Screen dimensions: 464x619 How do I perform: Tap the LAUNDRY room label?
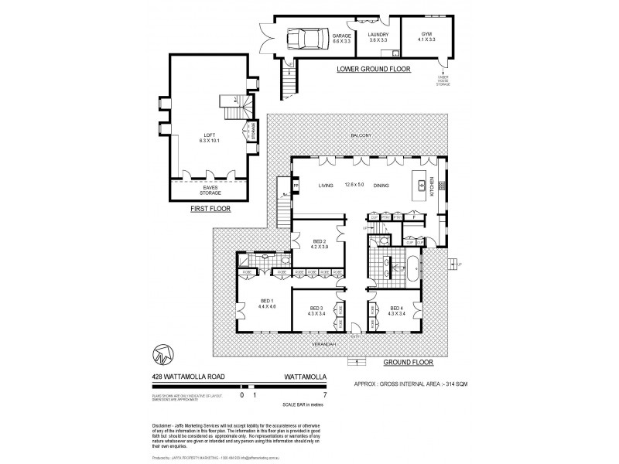point(378,36)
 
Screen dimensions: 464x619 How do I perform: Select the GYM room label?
point(426,36)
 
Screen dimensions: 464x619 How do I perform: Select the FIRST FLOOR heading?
point(210,208)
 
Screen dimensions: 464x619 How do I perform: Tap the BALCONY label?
point(361,136)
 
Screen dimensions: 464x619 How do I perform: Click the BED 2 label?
point(320,244)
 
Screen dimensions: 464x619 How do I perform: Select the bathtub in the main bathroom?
point(411,273)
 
